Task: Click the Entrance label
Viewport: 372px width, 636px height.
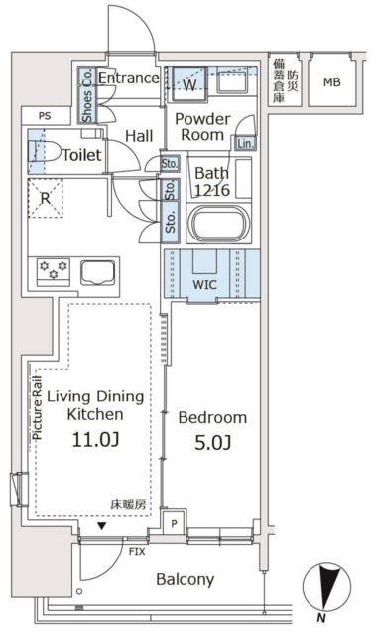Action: tap(129, 78)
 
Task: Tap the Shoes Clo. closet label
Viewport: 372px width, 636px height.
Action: tap(87, 94)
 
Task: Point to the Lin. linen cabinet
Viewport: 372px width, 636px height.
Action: tap(244, 143)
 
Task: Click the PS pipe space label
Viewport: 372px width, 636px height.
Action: tap(45, 116)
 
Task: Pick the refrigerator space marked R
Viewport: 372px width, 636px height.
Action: tap(46, 197)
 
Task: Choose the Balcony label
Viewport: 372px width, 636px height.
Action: tap(185, 579)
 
